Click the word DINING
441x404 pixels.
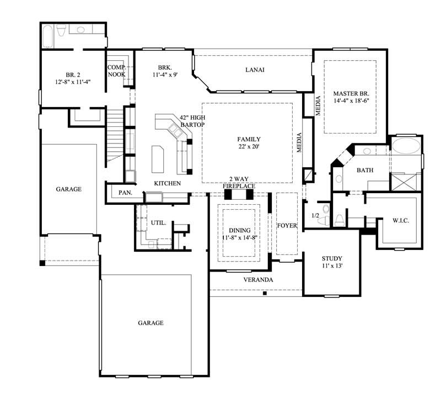[240, 230]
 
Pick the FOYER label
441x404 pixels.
[287, 226]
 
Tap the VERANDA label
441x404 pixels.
[259, 280]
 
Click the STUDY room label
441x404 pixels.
[332, 258]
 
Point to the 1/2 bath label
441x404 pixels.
[315, 215]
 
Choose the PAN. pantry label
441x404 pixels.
[125, 193]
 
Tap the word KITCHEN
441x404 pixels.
[167, 183]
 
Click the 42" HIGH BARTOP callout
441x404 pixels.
[192, 121]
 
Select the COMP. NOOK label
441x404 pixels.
[116, 70]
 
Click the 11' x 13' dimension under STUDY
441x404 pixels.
[332, 267]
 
